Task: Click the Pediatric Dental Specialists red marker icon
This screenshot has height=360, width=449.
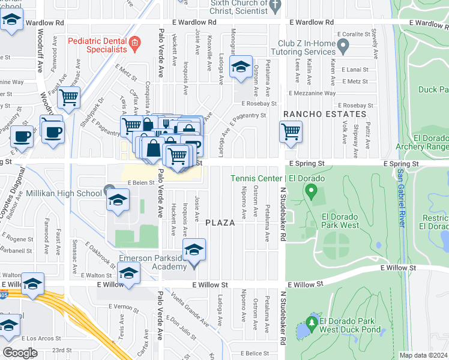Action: tap(134, 42)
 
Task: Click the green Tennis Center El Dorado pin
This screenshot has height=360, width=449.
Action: tap(310, 192)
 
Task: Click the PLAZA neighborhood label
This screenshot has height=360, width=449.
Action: tap(220, 223)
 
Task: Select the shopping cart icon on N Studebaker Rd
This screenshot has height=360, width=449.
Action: tap(291, 131)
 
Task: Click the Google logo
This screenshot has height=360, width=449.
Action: tap(20, 352)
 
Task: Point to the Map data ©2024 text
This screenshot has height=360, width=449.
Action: tap(423, 355)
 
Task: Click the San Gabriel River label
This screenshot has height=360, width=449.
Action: tap(400, 198)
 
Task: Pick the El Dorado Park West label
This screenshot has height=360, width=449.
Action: tap(340, 221)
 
